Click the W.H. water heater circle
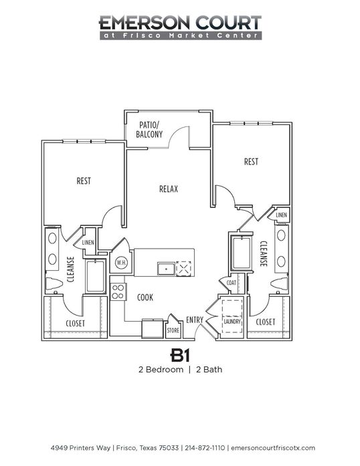point(121,263)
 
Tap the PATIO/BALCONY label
point(149,130)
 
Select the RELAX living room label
point(169,189)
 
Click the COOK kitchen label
point(145,298)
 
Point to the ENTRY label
point(195,320)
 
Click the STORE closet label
point(173,330)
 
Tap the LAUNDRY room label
point(232,322)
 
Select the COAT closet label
point(231,283)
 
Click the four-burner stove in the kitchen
point(118,292)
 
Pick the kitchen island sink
point(166,269)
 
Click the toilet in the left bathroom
point(54,284)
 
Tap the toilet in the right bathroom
point(280,283)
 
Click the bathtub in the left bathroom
point(96,276)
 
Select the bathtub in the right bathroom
point(242,253)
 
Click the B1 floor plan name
point(180,355)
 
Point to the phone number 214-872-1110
point(205,447)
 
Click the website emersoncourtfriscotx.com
point(273,447)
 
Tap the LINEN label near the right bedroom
point(281,215)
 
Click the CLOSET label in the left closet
point(75,324)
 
